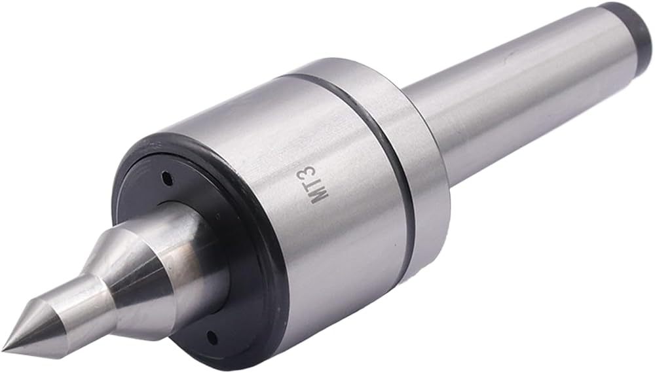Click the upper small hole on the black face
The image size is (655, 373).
click(168, 179)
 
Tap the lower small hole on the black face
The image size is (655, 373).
click(212, 335)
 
